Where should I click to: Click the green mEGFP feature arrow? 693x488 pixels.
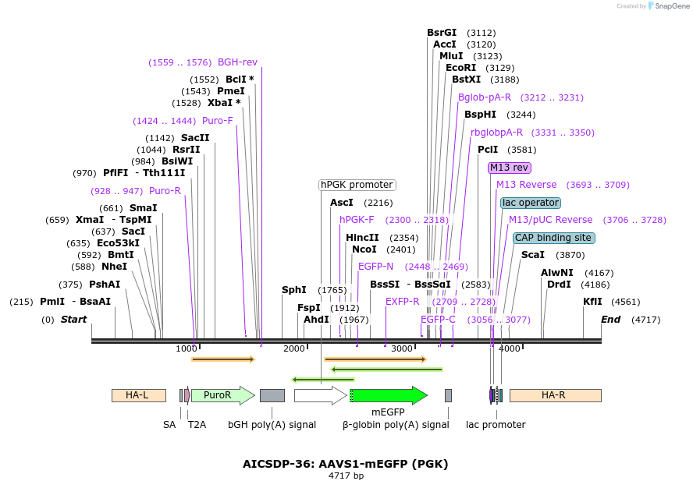click(x=388, y=395)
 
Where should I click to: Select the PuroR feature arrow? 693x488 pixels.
click(x=222, y=395)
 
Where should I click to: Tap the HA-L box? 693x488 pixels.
click(x=138, y=395)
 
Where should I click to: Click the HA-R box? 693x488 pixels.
click(x=555, y=395)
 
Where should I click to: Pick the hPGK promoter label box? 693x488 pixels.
click(x=357, y=185)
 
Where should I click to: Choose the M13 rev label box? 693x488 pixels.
click(x=510, y=168)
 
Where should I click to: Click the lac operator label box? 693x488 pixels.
click(x=530, y=203)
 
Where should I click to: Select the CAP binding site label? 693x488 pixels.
click(x=553, y=238)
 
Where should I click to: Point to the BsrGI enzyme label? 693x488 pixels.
click(x=442, y=33)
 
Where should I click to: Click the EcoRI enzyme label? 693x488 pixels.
click(x=460, y=68)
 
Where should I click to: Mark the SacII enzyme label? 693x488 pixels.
click(x=195, y=138)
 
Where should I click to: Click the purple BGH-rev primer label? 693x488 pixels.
click(x=237, y=62)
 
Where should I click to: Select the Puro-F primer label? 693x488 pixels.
click(x=218, y=121)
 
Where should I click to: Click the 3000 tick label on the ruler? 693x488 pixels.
click(x=401, y=348)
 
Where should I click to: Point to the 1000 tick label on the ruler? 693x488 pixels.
click(x=187, y=348)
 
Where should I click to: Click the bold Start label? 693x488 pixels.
click(x=73, y=320)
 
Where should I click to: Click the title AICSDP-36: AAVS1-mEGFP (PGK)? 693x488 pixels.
click(x=346, y=464)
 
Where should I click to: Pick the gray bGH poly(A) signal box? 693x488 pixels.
click(x=272, y=395)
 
